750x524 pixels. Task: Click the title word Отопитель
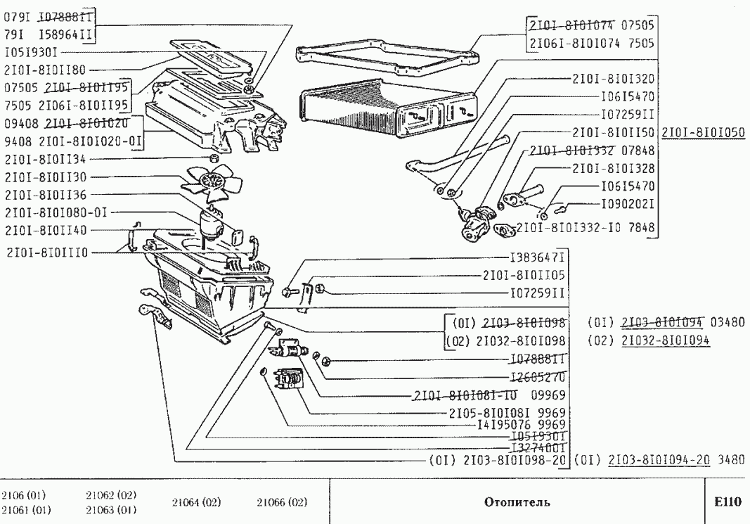[517, 502]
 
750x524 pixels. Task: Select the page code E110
[727, 502]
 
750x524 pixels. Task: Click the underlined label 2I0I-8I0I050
[703, 132]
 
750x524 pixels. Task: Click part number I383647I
[538, 257]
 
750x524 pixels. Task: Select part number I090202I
[628, 205]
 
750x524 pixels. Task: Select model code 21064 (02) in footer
[195, 502]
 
